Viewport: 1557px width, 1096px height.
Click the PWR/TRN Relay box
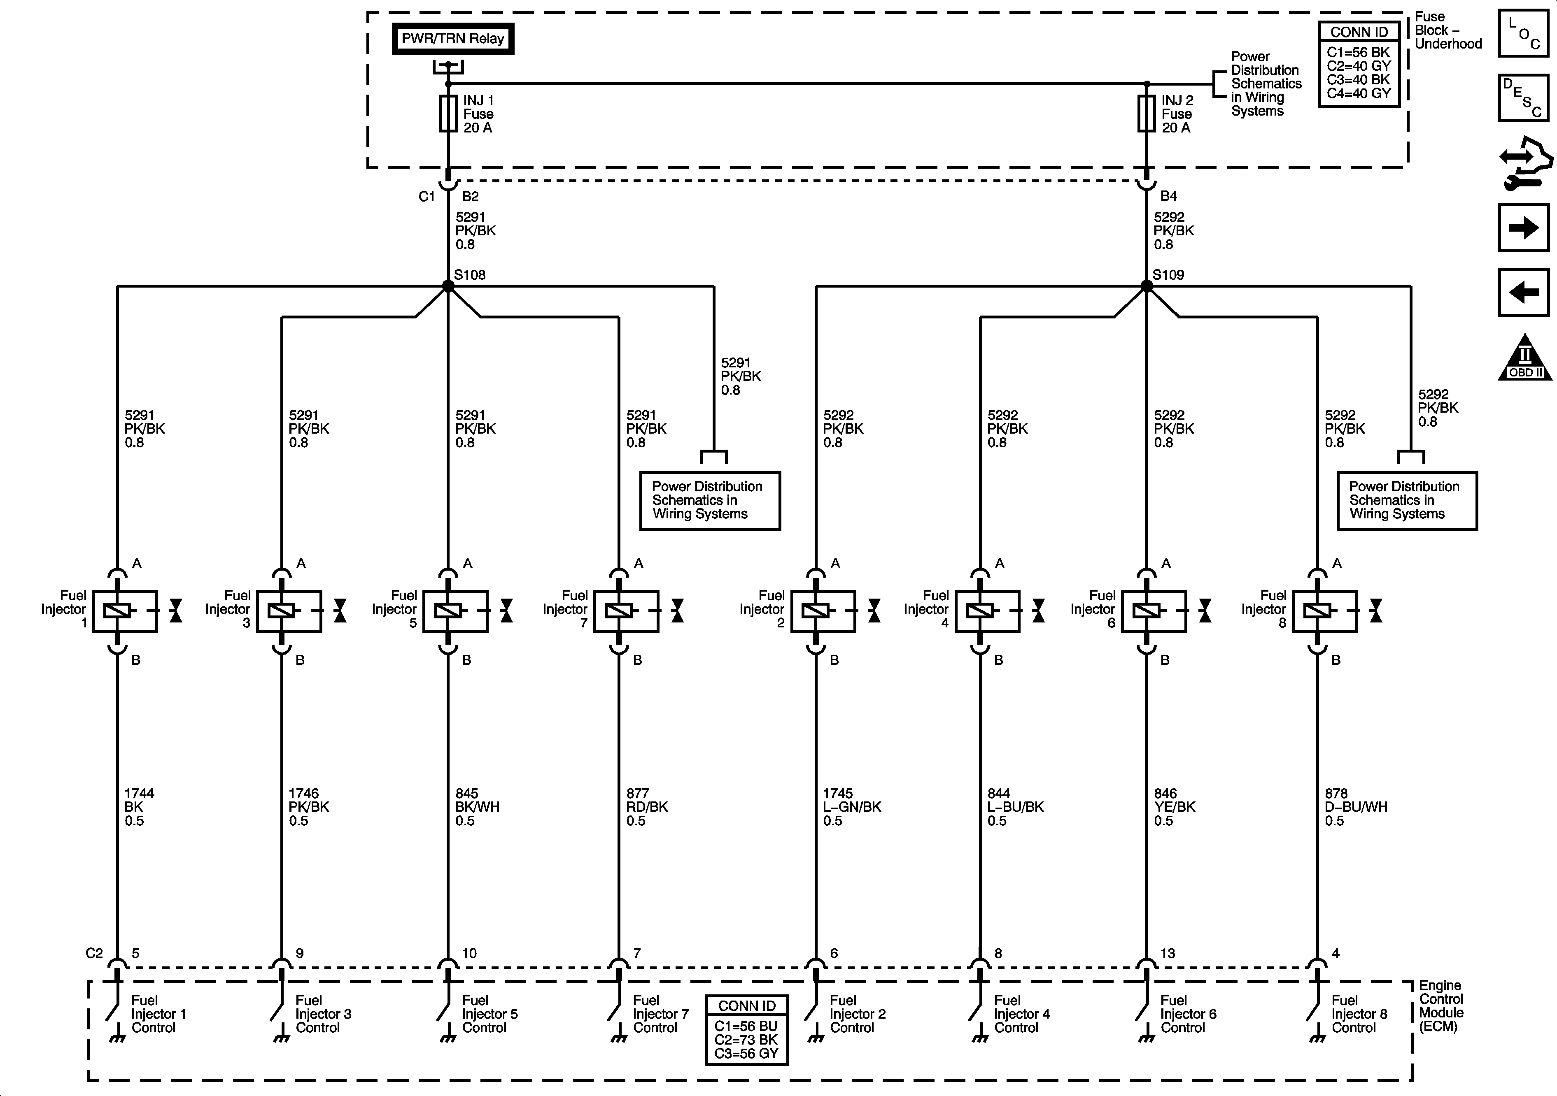(452, 39)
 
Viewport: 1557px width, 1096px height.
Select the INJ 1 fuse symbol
(448, 113)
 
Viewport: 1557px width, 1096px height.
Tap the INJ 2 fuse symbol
(1146, 113)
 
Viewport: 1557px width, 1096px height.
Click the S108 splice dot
(448, 286)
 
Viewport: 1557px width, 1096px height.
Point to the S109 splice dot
(1147, 286)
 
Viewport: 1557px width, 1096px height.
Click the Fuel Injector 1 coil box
(125, 611)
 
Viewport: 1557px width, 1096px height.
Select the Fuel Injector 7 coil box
(626, 611)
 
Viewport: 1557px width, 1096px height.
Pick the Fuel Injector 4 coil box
(987, 611)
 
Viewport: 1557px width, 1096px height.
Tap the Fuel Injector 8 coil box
(1324, 611)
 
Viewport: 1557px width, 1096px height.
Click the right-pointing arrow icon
(1523, 228)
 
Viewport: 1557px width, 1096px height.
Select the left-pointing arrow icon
(1523, 292)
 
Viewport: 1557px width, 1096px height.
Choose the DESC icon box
(1523, 98)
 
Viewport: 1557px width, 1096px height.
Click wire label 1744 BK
(139, 807)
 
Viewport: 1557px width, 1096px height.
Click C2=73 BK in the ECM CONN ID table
(746, 1040)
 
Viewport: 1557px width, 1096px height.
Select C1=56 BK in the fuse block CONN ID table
(1358, 52)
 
